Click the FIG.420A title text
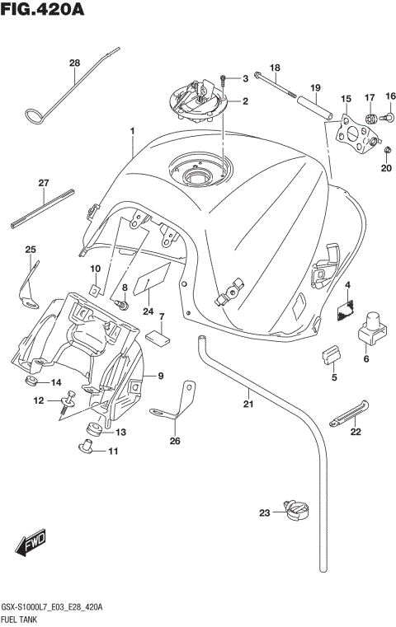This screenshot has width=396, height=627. (x=43, y=12)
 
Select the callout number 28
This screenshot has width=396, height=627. (x=74, y=63)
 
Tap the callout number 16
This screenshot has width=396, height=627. (x=390, y=96)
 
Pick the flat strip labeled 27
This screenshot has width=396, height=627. (x=44, y=207)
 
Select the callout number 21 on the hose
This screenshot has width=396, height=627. (x=247, y=404)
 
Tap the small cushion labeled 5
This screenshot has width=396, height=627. (x=330, y=353)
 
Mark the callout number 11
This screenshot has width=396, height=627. (x=113, y=451)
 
